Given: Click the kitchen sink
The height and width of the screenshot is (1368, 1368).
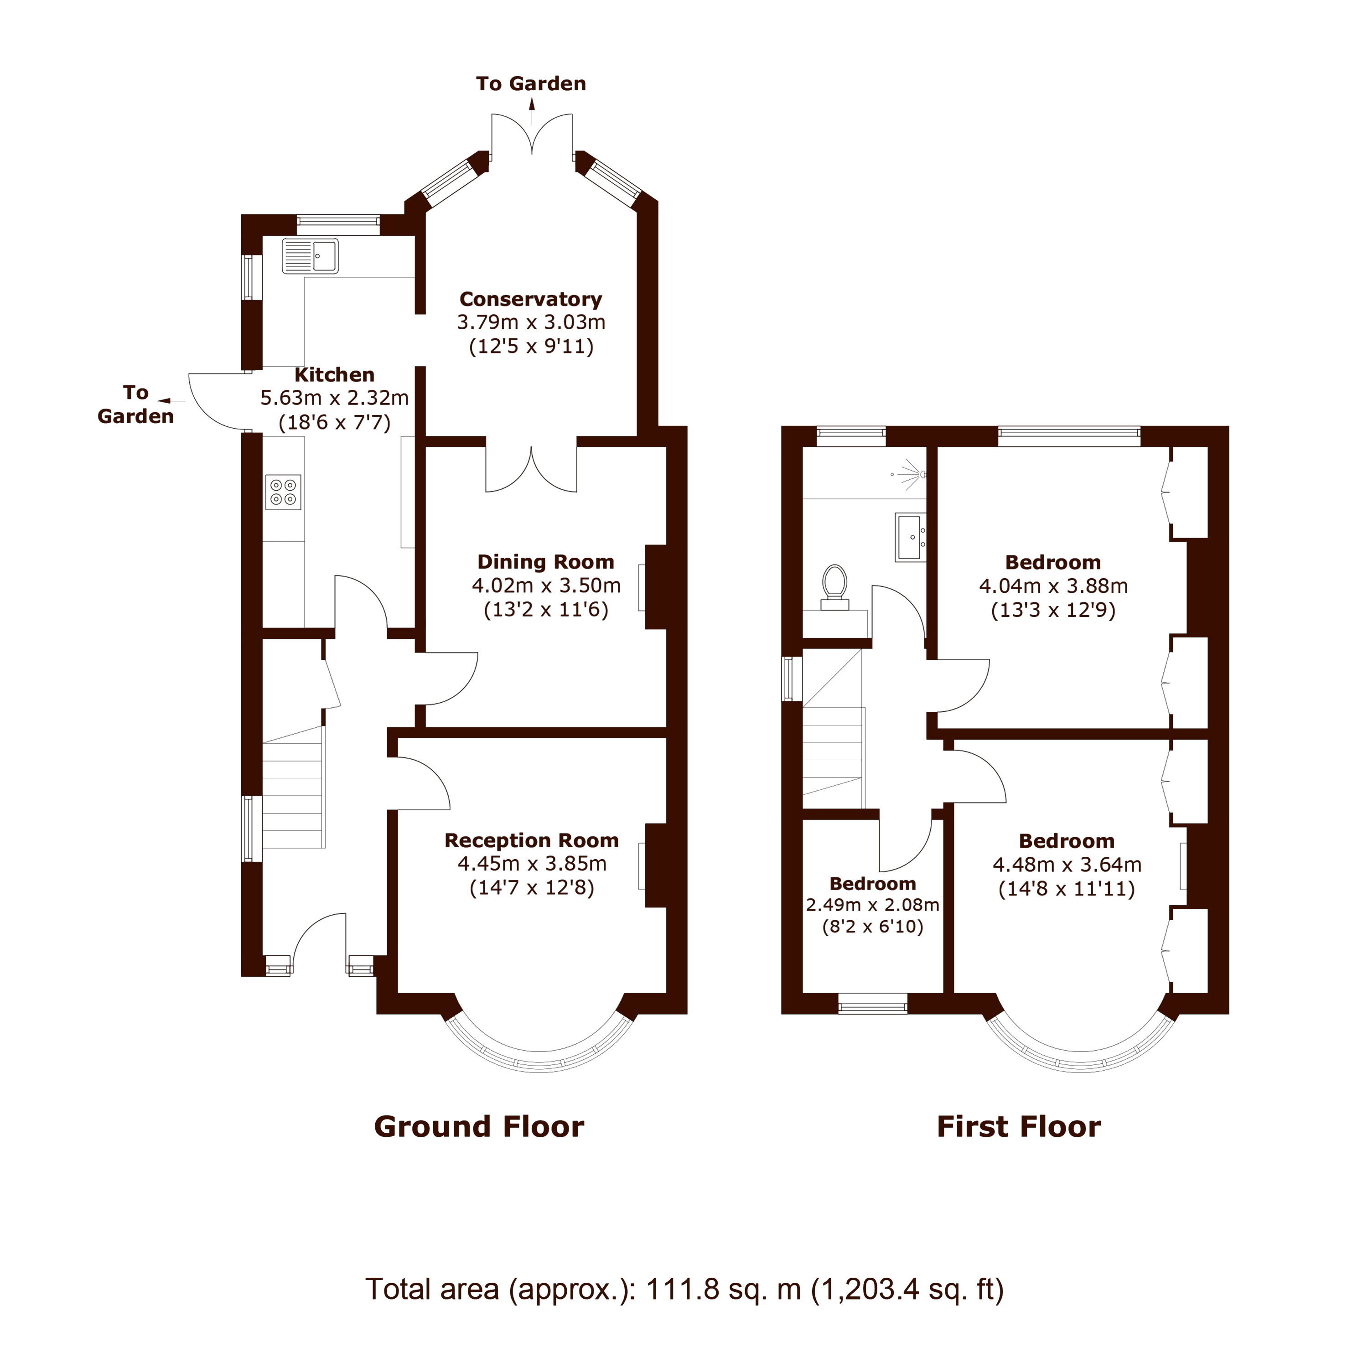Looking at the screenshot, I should point(310,256).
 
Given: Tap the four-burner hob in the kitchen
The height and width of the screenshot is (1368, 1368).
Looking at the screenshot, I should point(283,492).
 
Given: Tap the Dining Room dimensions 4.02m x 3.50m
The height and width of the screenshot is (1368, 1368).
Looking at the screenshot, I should point(546,586).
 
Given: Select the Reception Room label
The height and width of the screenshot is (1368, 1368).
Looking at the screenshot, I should point(531,840).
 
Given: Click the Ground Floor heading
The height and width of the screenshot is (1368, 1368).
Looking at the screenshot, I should point(479,1126).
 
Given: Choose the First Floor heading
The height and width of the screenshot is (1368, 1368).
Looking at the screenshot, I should point(1018,1126).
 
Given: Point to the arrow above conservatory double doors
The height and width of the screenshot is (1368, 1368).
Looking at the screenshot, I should point(532,105).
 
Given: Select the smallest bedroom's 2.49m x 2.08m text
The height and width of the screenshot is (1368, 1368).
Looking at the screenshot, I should point(872,905).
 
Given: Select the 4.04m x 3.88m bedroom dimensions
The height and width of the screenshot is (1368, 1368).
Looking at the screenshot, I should point(1053,586).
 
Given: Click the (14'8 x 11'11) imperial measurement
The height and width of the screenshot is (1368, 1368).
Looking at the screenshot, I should point(1067,889).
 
